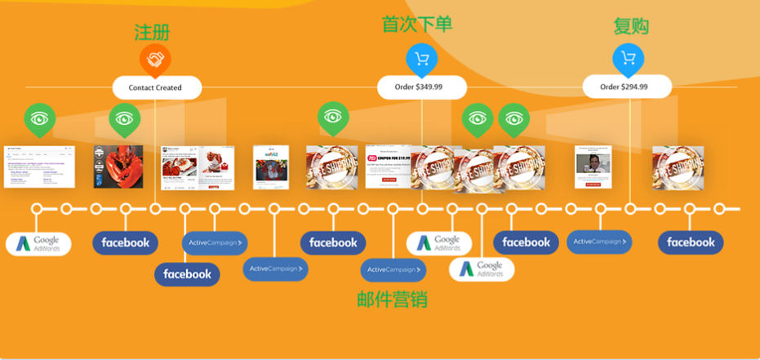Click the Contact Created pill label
[x=155, y=87]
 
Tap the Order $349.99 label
[x=422, y=87]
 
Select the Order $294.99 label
[x=627, y=87]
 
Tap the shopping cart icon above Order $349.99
[x=421, y=58]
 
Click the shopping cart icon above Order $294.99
[x=628, y=58]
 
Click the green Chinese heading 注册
[x=152, y=32]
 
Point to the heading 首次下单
[x=417, y=24]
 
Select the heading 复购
[x=631, y=26]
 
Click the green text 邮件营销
[x=393, y=300]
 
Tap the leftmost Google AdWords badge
[x=38, y=243]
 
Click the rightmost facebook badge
[x=691, y=242]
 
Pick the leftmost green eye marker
[x=39, y=118]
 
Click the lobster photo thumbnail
[x=113, y=166]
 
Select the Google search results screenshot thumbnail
[x=33, y=166]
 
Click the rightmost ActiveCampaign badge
[x=598, y=242]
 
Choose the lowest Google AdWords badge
[x=481, y=269]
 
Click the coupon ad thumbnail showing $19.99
[x=391, y=166]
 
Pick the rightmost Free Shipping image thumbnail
[x=678, y=166]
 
